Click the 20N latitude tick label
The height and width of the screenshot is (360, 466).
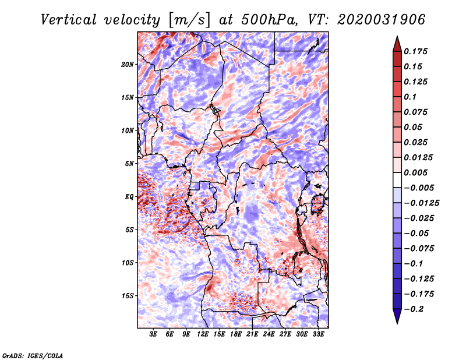[x=128, y=65]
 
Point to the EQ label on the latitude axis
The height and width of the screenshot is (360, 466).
[x=129, y=197]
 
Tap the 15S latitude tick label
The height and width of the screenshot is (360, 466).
[x=128, y=296]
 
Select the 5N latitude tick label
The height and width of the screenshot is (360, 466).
[x=129, y=164]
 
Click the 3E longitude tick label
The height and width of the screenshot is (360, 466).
[x=153, y=334]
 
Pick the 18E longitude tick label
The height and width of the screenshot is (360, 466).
[x=235, y=334]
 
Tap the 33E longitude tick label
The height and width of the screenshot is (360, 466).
[x=318, y=334]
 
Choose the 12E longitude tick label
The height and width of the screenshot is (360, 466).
[x=202, y=334]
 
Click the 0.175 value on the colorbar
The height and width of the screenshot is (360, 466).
[x=415, y=51]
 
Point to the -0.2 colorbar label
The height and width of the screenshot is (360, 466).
[x=414, y=309]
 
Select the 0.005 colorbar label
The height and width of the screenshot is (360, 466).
[x=415, y=172]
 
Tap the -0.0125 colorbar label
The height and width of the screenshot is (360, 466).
[x=421, y=203]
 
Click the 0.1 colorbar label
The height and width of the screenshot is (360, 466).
[x=410, y=97]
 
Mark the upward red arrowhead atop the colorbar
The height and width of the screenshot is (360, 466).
[x=397, y=44]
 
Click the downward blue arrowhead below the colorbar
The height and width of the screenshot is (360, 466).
[x=397, y=316]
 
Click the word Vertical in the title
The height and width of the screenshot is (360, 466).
[x=69, y=20]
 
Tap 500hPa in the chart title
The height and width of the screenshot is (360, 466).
[x=269, y=20]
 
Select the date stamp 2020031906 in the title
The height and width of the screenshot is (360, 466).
[x=381, y=20]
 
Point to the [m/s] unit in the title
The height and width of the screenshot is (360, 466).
[x=189, y=20]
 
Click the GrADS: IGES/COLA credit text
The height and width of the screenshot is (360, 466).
[x=33, y=356]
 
